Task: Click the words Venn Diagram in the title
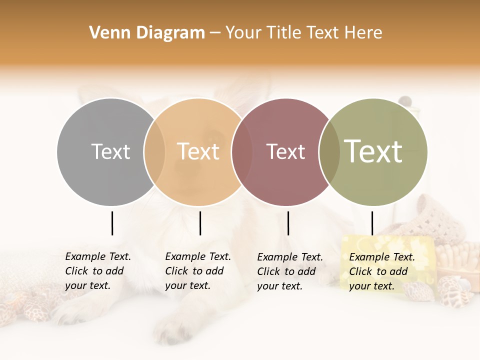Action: [x=147, y=33]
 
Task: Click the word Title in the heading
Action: [x=283, y=33]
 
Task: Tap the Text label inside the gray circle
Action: [x=111, y=151]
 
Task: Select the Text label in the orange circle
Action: [x=198, y=151]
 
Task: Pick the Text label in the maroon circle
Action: [x=285, y=151]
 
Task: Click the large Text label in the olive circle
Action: [x=373, y=151]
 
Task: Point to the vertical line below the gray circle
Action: [x=112, y=223]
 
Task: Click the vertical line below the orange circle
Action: [x=200, y=223]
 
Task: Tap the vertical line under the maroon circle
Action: [x=288, y=223]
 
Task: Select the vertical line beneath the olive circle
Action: [x=372, y=223]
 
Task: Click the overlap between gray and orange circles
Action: [x=154, y=151]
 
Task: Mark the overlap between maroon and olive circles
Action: [x=329, y=151]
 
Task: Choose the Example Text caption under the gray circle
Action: [x=98, y=270]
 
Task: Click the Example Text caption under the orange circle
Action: [x=198, y=270]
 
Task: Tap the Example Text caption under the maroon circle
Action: [x=290, y=271]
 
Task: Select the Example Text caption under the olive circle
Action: [x=382, y=271]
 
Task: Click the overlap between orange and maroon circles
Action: [x=238, y=151]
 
